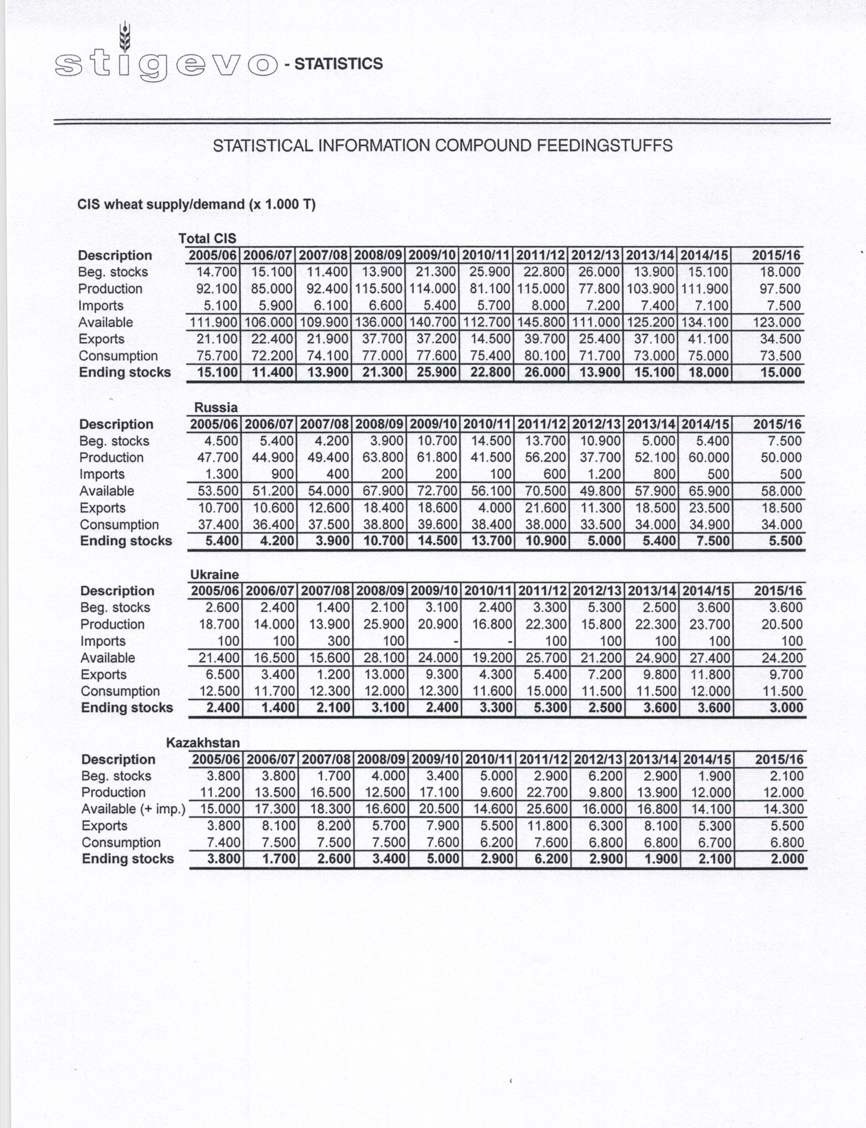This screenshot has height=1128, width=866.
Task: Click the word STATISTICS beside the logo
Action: point(339,64)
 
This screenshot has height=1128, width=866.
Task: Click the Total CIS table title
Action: point(207,239)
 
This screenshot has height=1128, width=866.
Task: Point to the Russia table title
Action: point(216,408)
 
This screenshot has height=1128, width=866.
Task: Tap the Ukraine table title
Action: point(214,574)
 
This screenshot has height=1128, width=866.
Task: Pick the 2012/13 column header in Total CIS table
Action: point(595,255)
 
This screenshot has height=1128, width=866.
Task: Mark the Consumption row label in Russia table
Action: point(119,525)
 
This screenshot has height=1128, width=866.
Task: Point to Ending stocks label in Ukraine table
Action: point(127,708)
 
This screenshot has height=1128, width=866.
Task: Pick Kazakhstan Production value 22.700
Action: point(547,792)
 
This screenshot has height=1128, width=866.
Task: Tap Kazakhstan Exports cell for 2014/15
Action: point(714,826)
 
